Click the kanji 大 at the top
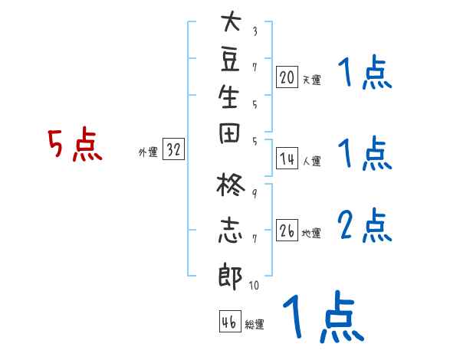pos(230,22)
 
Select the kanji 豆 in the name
pos(230,61)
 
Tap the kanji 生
pos(230,99)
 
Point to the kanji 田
pos(230,138)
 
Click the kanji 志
pos(230,231)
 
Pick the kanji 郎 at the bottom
pos(230,276)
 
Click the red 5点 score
pos(74,145)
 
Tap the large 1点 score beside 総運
pos(322,317)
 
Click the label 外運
pos(148,152)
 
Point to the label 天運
pos(311,80)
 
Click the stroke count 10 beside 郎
pos(254,286)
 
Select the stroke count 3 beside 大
pos(254,31)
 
